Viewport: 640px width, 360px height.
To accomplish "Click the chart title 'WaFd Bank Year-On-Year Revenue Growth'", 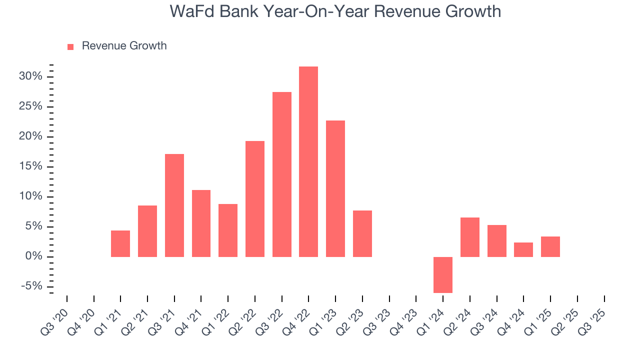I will coord(335,11).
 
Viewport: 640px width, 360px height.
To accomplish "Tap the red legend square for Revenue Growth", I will coord(70,46).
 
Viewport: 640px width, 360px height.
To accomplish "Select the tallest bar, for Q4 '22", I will coord(308,161).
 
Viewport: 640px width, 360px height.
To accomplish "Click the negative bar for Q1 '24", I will coord(443,274).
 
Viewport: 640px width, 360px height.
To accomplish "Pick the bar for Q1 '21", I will coord(120,243).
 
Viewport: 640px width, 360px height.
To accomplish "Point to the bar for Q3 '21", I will coord(174,205).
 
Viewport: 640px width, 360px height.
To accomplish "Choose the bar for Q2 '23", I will coord(362,233).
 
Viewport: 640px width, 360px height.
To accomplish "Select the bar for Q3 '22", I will coord(282,174).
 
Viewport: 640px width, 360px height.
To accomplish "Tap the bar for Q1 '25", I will coord(550,246).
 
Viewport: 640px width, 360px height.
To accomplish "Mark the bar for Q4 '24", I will coord(523,249).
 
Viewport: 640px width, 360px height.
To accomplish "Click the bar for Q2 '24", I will coord(470,237).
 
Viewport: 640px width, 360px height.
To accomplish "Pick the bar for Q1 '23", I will coord(335,188).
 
